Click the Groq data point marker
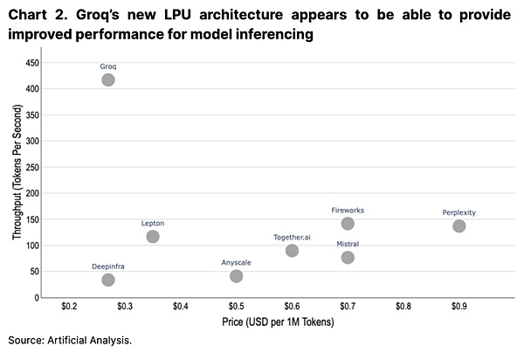click(108, 80)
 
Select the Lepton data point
click(153, 237)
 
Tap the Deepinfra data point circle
click(108, 280)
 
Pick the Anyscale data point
click(236, 276)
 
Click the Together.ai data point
click(292, 251)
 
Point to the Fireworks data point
click(348, 224)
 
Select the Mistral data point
click(348, 257)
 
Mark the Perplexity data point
click(459, 226)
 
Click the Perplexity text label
click(459, 212)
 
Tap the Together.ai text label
click(292, 237)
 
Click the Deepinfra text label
click(108, 266)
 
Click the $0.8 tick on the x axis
click(403, 307)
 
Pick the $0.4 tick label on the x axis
click(180, 307)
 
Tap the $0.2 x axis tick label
click(69, 307)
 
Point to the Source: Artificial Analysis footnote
click(70, 339)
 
